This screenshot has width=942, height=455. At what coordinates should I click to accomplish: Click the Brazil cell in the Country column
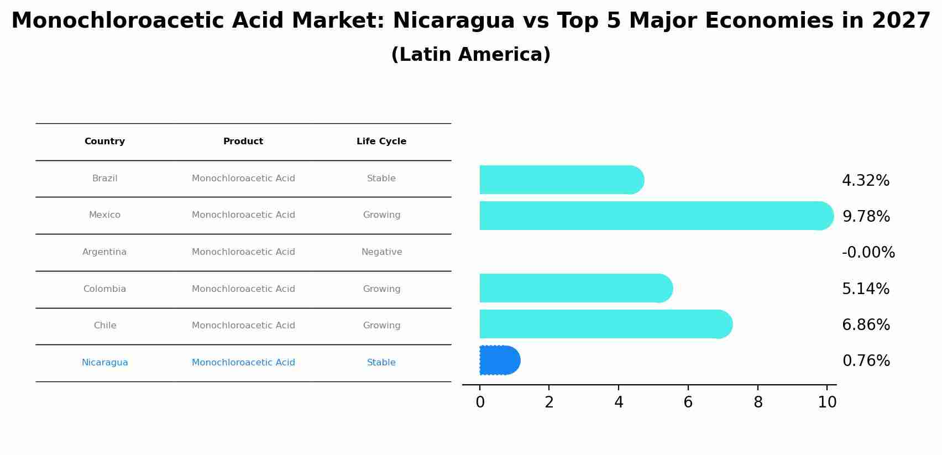pyautogui.click(x=104, y=179)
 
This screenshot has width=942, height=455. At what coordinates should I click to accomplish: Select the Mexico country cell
pyautogui.click(x=104, y=215)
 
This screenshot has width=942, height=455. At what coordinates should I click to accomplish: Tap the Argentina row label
pyautogui.click(x=104, y=252)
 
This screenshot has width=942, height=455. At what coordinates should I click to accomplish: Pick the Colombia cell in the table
pyautogui.click(x=104, y=289)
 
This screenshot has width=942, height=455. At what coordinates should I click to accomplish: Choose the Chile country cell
pyautogui.click(x=104, y=326)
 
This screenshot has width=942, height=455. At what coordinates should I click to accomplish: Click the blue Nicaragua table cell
pyautogui.click(x=104, y=363)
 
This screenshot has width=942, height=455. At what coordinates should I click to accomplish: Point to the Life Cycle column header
pyautogui.click(x=381, y=142)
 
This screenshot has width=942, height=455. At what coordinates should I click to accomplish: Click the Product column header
pyautogui.click(x=243, y=142)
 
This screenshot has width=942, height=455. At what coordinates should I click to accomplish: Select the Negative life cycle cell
pyautogui.click(x=381, y=252)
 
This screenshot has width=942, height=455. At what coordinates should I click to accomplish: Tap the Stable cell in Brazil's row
pyautogui.click(x=381, y=179)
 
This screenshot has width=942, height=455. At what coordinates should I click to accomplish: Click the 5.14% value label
pyautogui.click(x=866, y=289)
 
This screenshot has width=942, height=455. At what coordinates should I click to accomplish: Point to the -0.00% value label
pyautogui.click(x=868, y=253)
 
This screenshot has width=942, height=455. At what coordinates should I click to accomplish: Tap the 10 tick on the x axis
pyautogui.click(x=827, y=402)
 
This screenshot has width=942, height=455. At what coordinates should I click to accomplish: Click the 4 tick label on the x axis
pyautogui.click(x=619, y=402)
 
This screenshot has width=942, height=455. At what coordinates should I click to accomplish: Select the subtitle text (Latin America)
pyautogui.click(x=470, y=55)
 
